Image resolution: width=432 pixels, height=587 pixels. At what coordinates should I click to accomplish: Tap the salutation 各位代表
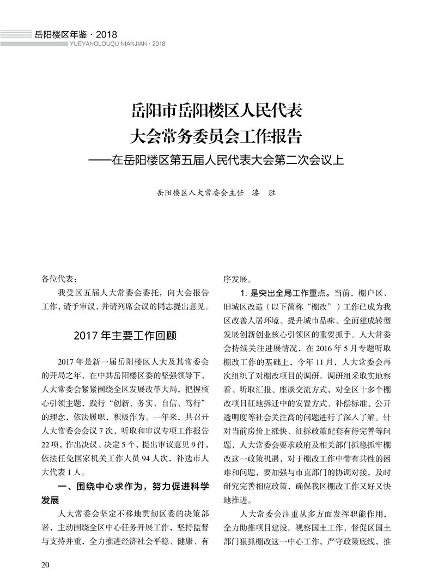59,279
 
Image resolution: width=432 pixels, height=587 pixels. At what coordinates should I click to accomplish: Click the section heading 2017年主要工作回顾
126,334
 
